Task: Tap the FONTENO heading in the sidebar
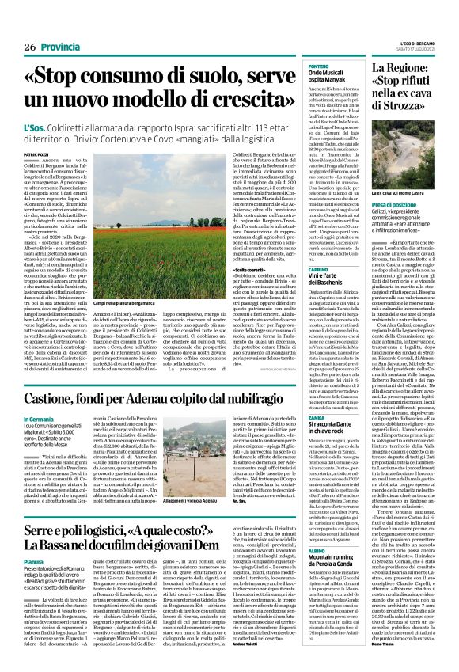coord(317,66)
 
